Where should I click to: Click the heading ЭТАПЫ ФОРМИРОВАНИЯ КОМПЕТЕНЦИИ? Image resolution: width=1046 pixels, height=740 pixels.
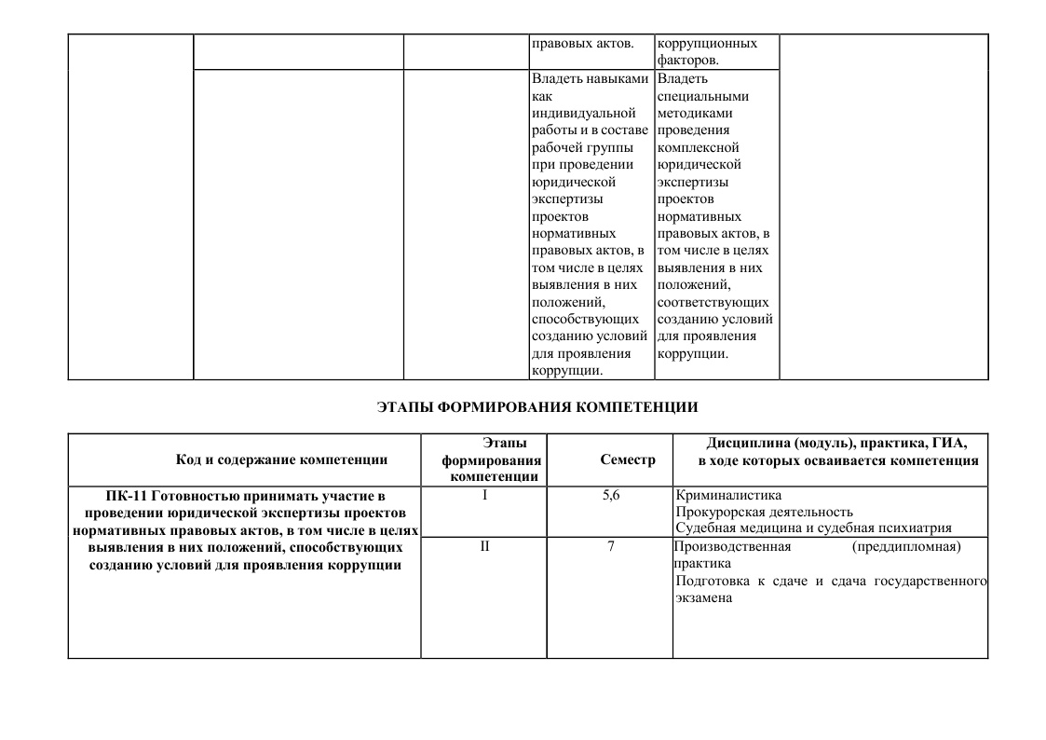(537, 407)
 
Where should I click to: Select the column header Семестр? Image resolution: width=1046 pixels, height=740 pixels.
(628, 459)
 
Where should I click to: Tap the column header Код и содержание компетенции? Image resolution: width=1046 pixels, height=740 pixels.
(281, 459)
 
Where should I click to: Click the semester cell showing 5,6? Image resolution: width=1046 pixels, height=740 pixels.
(610, 495)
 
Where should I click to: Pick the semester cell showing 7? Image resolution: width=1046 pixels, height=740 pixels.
(610, 546)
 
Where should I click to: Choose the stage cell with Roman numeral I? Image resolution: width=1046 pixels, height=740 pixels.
(484, 495)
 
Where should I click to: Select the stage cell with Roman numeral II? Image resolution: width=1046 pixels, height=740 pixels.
(484, 546)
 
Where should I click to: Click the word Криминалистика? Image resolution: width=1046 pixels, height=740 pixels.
(728, 495)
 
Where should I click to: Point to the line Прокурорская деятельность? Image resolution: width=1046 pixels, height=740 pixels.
(764, 512)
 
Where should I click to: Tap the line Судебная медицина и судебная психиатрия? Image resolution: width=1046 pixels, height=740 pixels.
(813, 528)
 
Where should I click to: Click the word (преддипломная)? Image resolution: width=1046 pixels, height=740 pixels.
(905, 546)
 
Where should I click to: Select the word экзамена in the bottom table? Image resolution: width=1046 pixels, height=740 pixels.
(703, 598)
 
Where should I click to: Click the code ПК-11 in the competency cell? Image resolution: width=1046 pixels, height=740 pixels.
(127, 495)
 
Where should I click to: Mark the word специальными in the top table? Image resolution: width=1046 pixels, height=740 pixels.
(702, 96)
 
